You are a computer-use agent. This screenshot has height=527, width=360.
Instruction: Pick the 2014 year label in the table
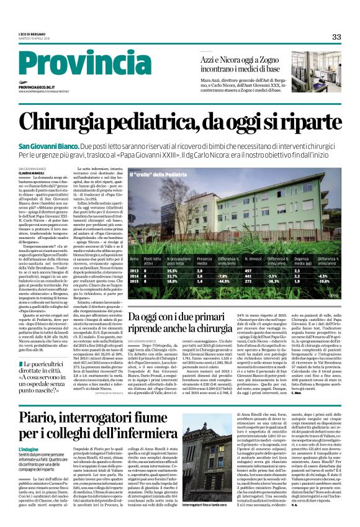pyautogui.click(x=134, y=276)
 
